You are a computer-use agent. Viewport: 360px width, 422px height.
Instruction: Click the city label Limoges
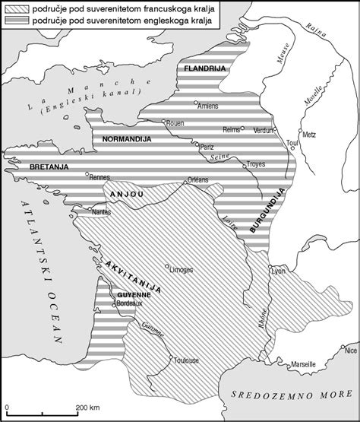(183, 269)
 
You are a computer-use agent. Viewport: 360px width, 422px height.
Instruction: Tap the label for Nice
(350, 351)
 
